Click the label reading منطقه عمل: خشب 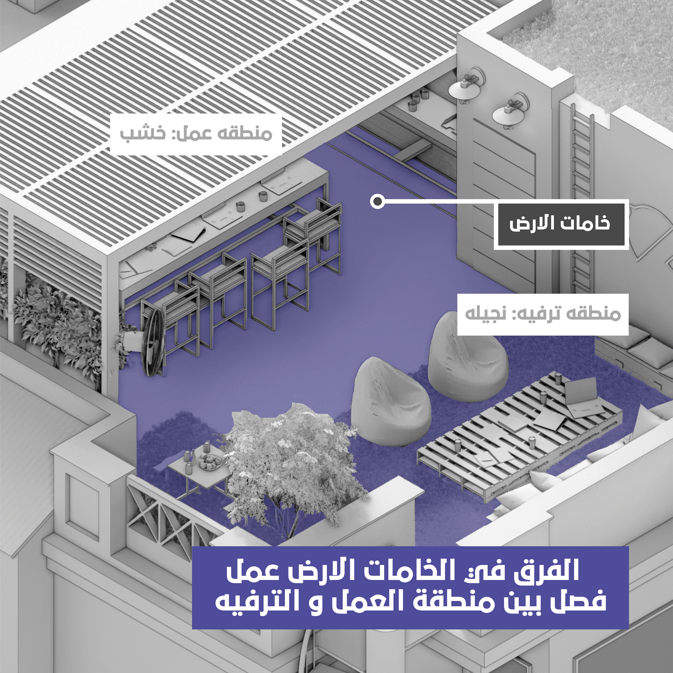pos(196,134)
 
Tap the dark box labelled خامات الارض pos(561,224)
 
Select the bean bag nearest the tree pos(388,402)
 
